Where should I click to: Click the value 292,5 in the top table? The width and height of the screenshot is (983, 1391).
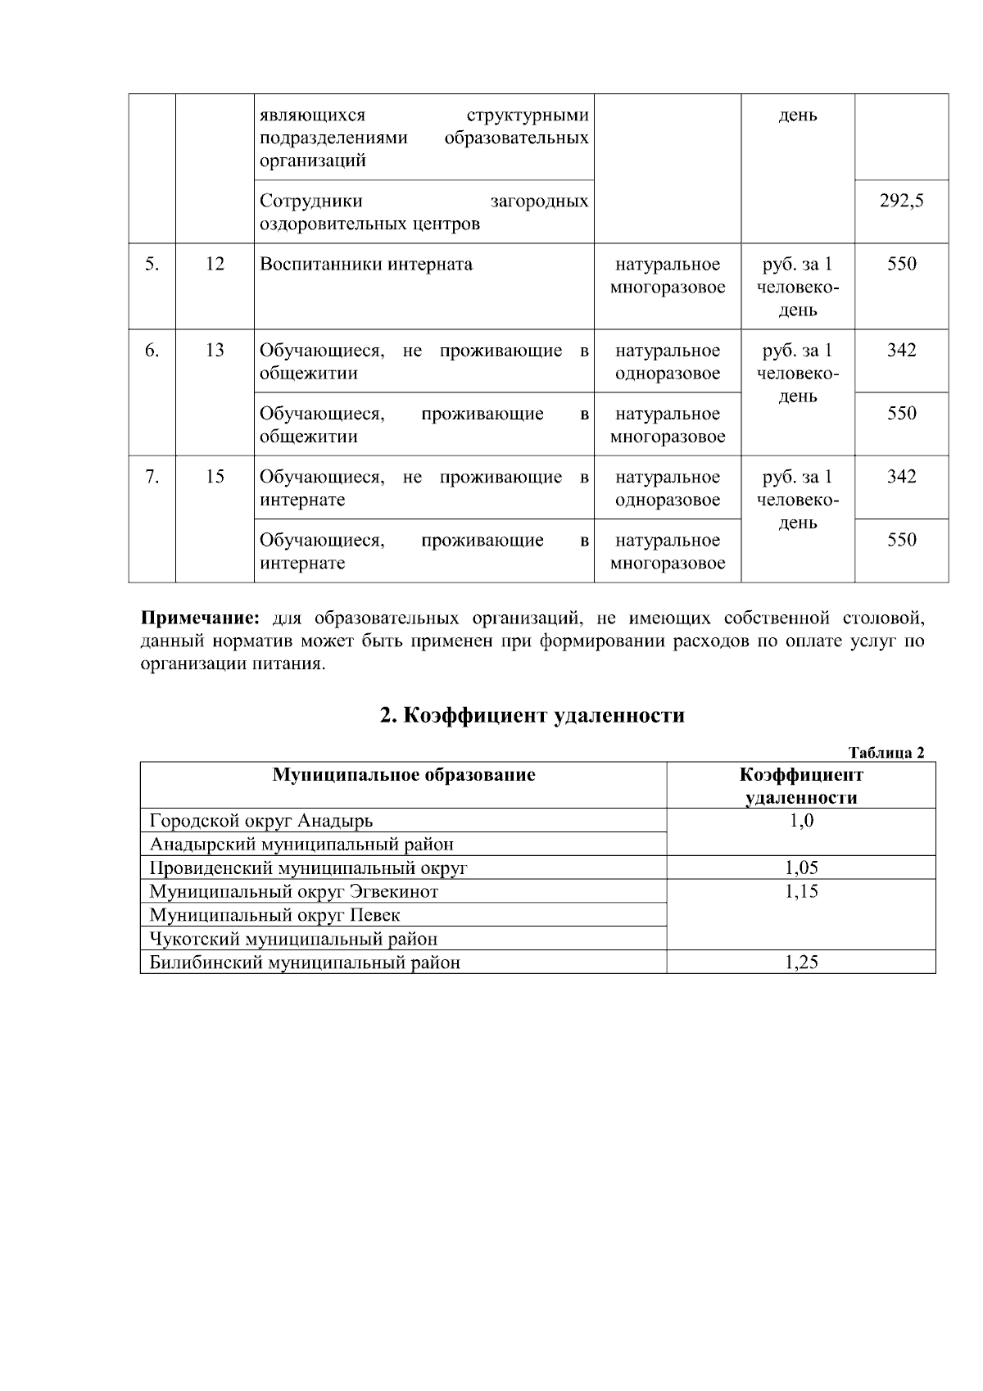tap(901, 201)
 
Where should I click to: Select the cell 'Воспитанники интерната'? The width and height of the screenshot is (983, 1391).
tap(366, 265)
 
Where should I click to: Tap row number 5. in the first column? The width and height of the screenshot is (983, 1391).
tap(152, 265)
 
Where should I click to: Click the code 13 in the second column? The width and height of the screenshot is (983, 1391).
tap(215, 351)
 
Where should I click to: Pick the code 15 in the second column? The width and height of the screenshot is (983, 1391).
tap(215, 477)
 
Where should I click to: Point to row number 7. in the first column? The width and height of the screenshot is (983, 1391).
tap(152, 477)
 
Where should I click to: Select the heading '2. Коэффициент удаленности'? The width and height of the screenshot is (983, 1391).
tap(532, 715)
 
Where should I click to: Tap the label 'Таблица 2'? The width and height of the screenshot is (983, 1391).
tap(886, 753)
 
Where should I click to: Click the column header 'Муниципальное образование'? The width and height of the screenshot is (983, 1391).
tap(404, 775)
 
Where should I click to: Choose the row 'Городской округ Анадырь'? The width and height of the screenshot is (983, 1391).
tap(261, 821)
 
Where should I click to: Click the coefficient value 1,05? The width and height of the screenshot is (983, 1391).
tap(801, 868)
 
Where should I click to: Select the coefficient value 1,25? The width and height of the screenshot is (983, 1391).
tap(801, 963)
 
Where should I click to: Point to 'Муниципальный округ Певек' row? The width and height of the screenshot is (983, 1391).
tap(275, 915)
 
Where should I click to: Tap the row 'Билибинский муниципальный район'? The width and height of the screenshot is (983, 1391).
tap(305, 963)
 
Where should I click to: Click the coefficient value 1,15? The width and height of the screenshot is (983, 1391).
tap(801, 892)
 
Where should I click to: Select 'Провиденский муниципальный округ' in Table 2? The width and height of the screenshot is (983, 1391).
tap(308, 868)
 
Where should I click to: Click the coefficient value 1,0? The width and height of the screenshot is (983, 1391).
tap(801, 821)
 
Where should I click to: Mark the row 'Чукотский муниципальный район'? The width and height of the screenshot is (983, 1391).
tap(293, 939)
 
